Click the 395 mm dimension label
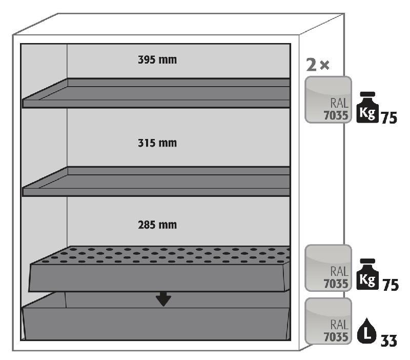coord(157,60)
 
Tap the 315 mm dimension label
coord(157,143)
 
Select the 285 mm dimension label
coord(157,225)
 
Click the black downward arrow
coord(163,298)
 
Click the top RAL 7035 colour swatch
coord(328,99)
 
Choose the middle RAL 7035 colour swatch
coord(328,268)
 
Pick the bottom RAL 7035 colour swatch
coord(328,321)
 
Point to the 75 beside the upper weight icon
coord(389,116)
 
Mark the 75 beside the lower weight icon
coord(389,285)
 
